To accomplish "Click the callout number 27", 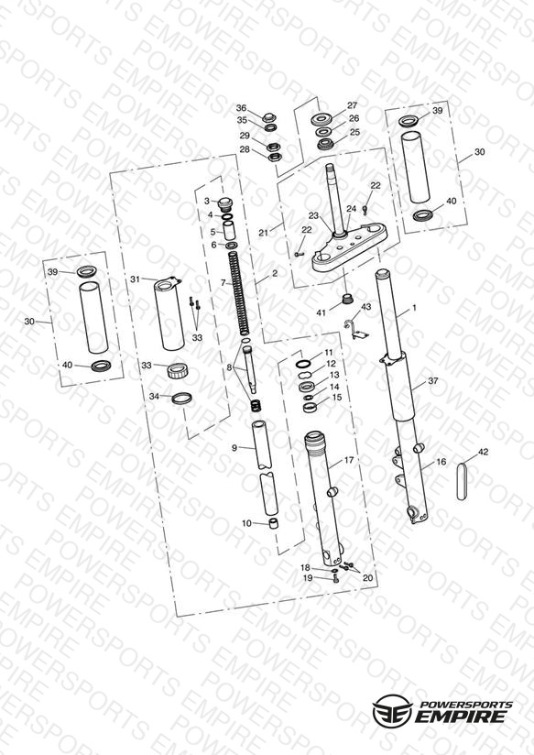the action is pos(353,105).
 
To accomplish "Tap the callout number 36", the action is pos(241,108).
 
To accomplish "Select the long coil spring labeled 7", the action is pos(239,294).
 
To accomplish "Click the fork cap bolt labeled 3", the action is pos(225,203).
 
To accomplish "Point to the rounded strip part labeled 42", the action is pos(462,482).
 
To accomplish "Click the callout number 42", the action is pos(483,452).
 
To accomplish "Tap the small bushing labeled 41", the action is pos(346,298).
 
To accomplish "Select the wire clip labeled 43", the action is pos(356,328).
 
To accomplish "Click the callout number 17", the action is pos(349,460).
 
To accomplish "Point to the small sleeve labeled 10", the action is pos(274,524).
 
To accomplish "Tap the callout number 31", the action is pos(136,279).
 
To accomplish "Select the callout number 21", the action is pos(264,233).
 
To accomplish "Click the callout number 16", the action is pos(441,462).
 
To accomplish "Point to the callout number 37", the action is pos(433,380).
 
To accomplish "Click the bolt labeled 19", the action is pos(335,579).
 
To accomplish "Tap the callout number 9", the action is pos(234,448).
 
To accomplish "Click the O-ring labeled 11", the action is pos(304,363).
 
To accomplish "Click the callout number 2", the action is pos(275,273).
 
